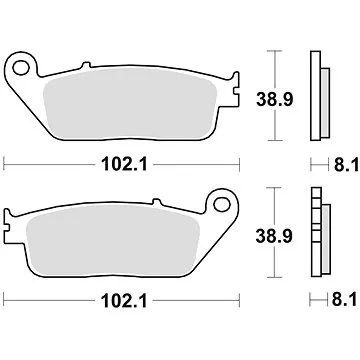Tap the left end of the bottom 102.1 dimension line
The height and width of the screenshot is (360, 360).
tap(4, 297)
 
